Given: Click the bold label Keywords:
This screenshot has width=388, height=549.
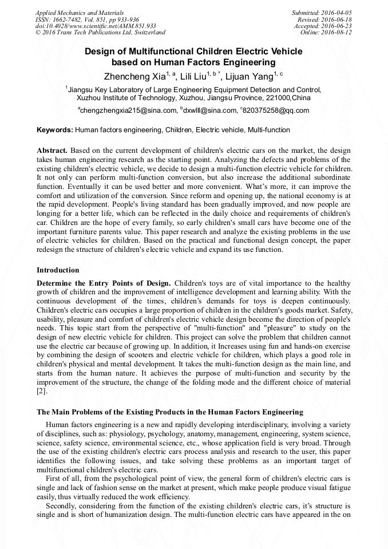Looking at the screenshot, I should [x=55, y=130].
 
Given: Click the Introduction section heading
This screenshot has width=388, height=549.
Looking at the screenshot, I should [x=58, y=270].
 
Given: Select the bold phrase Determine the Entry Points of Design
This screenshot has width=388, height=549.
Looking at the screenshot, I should [x=104, y=283].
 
